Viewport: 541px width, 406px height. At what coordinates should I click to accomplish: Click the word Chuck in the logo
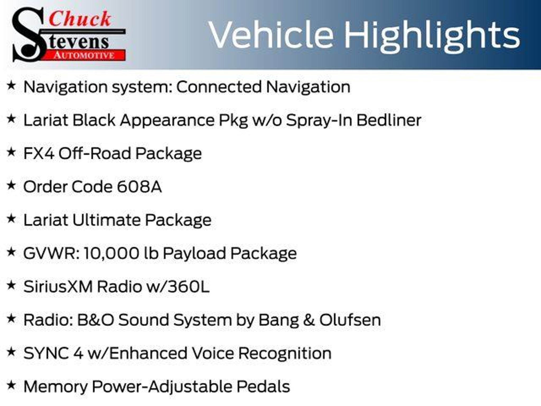click(x=80, y=19)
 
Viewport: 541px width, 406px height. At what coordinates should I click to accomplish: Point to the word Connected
click(x=219, y=87)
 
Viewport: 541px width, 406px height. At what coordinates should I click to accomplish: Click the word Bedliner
click(x=389, y=120)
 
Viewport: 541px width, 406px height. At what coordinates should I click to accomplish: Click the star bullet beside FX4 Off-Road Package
click(x=11, y=152)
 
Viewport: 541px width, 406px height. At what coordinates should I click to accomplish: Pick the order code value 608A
click(x=139, y=187)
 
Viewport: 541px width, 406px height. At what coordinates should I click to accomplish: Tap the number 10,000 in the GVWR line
click(x=111, y=253)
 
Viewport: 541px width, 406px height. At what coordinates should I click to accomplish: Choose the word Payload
click(x=194, y=253)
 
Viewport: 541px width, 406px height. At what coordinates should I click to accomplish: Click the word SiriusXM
click(x=58, y=287)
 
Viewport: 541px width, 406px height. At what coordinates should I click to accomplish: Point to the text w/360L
click(x=178, y=287)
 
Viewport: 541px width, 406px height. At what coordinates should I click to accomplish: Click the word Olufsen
click(x=350, y=320)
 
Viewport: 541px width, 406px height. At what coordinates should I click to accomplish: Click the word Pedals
click(x=263, y=387)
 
